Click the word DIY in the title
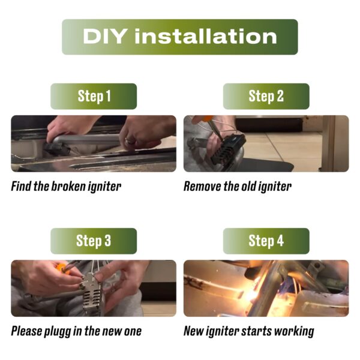tap(104, 37)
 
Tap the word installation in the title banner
tap(205, 37)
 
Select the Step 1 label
tap(94, 96)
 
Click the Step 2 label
tap(266, 96)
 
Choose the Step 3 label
tap(94, 241)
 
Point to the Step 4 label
tap(266, 241)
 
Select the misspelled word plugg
tap(58, 332)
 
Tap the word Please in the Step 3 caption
tap(26, 331)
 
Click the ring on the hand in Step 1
tap(128, 140)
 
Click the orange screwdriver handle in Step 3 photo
tap(62, 269)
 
